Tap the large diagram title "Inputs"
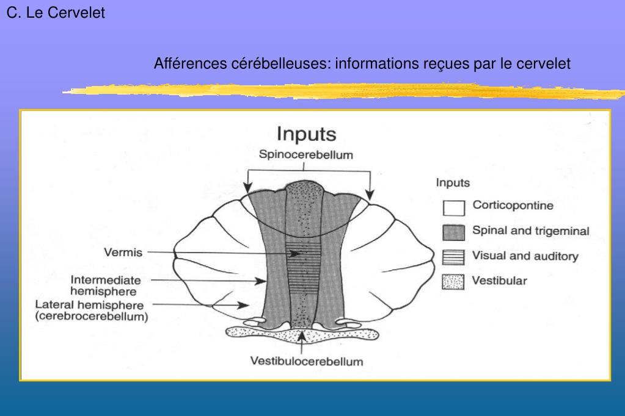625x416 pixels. [307, 134]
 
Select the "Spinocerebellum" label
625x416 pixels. [306, 155]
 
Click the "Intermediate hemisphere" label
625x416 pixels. [106, 285]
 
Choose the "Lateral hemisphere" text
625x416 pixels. [89, 305]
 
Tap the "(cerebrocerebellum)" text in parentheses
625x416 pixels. [92, 317]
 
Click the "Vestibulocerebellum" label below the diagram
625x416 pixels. [307, 361]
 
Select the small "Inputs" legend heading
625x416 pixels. [453, 182]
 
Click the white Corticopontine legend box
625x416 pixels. [454, 208]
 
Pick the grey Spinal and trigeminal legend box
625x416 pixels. [454, 232]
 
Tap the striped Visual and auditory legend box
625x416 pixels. [454, 257]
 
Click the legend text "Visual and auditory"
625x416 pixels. [525, 256]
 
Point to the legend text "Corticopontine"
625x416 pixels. [513, 206]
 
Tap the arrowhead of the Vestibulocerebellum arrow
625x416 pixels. [302, 333]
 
